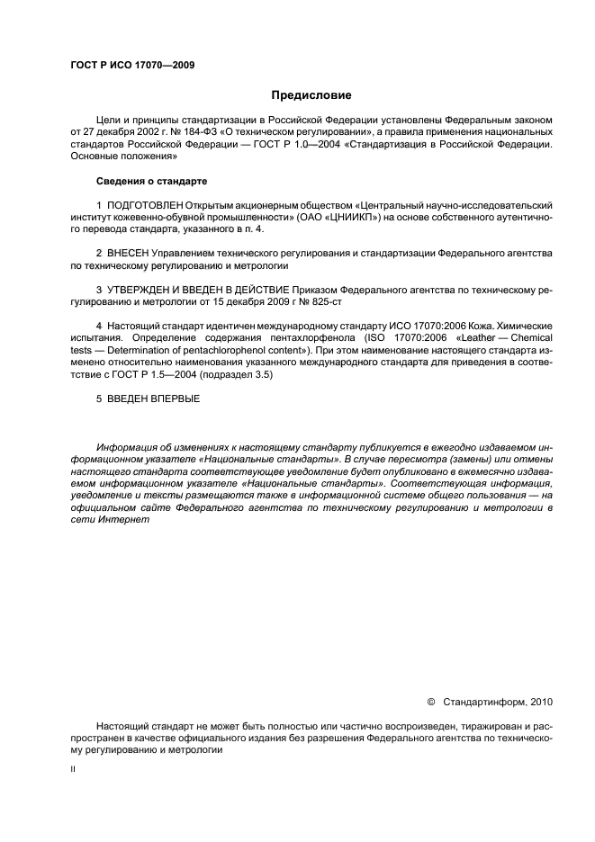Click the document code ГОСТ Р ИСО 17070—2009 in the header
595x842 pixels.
tap(132, 65)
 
